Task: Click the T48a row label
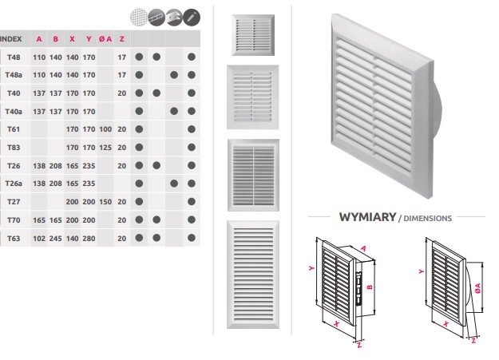click(x=13, y=75)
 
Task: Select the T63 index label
click(x=13, y=237)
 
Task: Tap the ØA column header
click(x=105, y=39)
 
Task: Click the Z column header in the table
click(x=121, y=39)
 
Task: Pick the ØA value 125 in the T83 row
click(x=105, y=147)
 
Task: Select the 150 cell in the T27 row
click(x=105, y=201)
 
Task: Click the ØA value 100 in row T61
click(x=105, y=129)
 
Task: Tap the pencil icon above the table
click(x=192, y=17)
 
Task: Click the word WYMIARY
click(x=367, y=216)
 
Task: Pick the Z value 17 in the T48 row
click(x=121, y=57)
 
